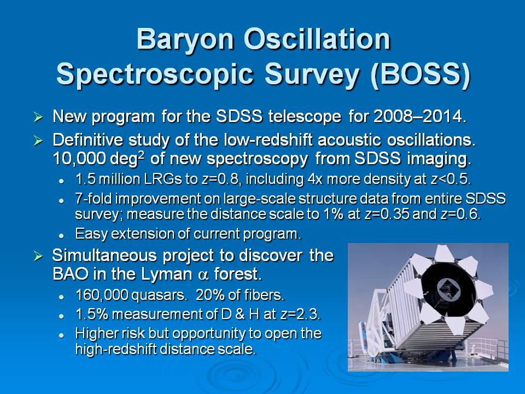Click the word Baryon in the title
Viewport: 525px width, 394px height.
pos(185,39)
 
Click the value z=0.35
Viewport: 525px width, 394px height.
pos(387,214)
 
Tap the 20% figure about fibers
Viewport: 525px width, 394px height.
pos(208,295)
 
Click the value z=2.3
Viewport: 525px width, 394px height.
pos(299,314)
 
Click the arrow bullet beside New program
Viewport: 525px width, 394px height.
pos(38,117)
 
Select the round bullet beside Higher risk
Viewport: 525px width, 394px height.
pos(61,335)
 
